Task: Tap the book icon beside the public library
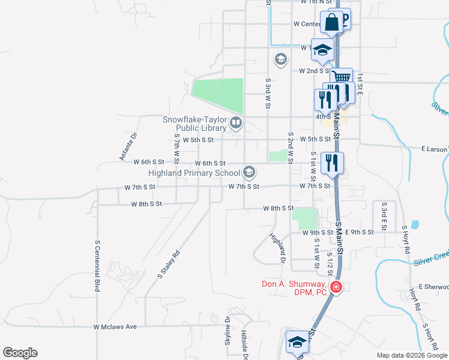tap(236, 124)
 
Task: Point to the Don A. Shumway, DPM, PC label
tap(294, 288)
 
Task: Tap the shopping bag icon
tap(331, 22)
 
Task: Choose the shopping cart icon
tap(342, 77)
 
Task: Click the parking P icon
tap(344, 18)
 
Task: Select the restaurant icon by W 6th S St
tap(331, 162)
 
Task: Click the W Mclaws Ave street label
tap(115, 327)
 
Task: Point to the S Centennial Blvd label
tap(97, 266)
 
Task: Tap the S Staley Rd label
tap(169, 264)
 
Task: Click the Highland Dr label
tap(276, 248)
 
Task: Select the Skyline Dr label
tap(228, 331)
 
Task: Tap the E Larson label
tap(435, 149)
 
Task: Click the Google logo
tap(20, 353)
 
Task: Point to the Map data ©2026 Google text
tap(412, 355)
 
